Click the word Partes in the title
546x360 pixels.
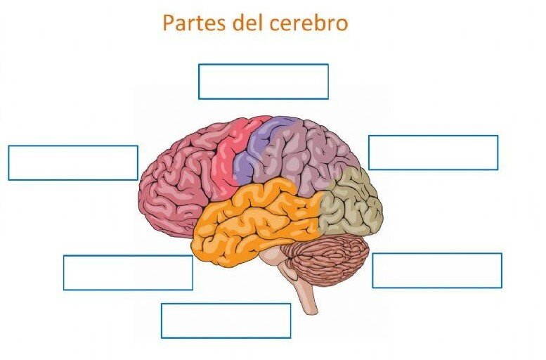click(x=195, y=23)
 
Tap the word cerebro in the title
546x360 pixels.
click(x=308, y=23)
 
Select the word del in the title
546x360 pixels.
click(x=247, y=23)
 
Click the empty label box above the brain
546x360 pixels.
click(x=264, y=82)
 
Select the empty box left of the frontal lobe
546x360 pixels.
click(x=73, y=162)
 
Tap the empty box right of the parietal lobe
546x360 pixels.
click(x=433, y=153)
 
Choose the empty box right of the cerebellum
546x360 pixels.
click(x=437, y=271)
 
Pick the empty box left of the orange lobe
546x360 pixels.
click(x=128, y=273)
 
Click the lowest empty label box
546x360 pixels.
click(x=226, y=321)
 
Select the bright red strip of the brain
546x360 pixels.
click(x=230, y=157)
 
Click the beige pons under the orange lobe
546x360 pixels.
click(x=272, y=259)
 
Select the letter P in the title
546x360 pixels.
click(x=169, y=23)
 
